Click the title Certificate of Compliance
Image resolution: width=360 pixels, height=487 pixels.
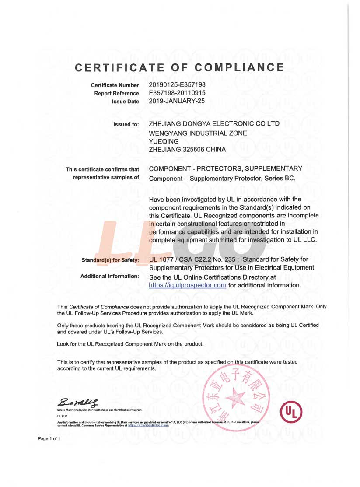pyautogui.click(x=179, y=67)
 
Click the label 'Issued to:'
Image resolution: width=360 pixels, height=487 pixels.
pyautogui.click(x=126, y=125)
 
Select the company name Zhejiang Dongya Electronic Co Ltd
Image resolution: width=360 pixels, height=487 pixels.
pyautogui.click(x=214, y=124)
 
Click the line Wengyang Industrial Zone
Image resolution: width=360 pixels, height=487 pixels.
pyautogui.click(x=198, y=133)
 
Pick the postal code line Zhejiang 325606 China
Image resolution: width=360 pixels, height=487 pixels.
pyautogui.click(x=187, y=149)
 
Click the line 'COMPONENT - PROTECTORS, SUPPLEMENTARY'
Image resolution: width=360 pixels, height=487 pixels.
pyautogui.click(x=225, y=169)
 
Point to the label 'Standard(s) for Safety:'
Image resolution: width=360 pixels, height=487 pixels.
pyautogui.click(x=110, y=260)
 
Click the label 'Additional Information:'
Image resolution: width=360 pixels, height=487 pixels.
pyautogui.click(x=110, y=277)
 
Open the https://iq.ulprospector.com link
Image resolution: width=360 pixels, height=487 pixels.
pyautogui.click(x=187, y=285)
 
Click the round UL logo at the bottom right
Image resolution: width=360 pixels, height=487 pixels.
pyautogui.click(x=291, y=412)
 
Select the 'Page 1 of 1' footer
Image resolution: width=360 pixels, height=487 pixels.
pyautogui.click(x=49, y=438)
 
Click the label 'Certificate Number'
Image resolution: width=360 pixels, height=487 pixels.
pyautogui.click(x=115, y=85)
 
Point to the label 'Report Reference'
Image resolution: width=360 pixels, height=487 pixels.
pyautogui.click(x=116, y=93)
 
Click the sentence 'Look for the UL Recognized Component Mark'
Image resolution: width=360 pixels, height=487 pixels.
pyautogui.click(x=130, y=344)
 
